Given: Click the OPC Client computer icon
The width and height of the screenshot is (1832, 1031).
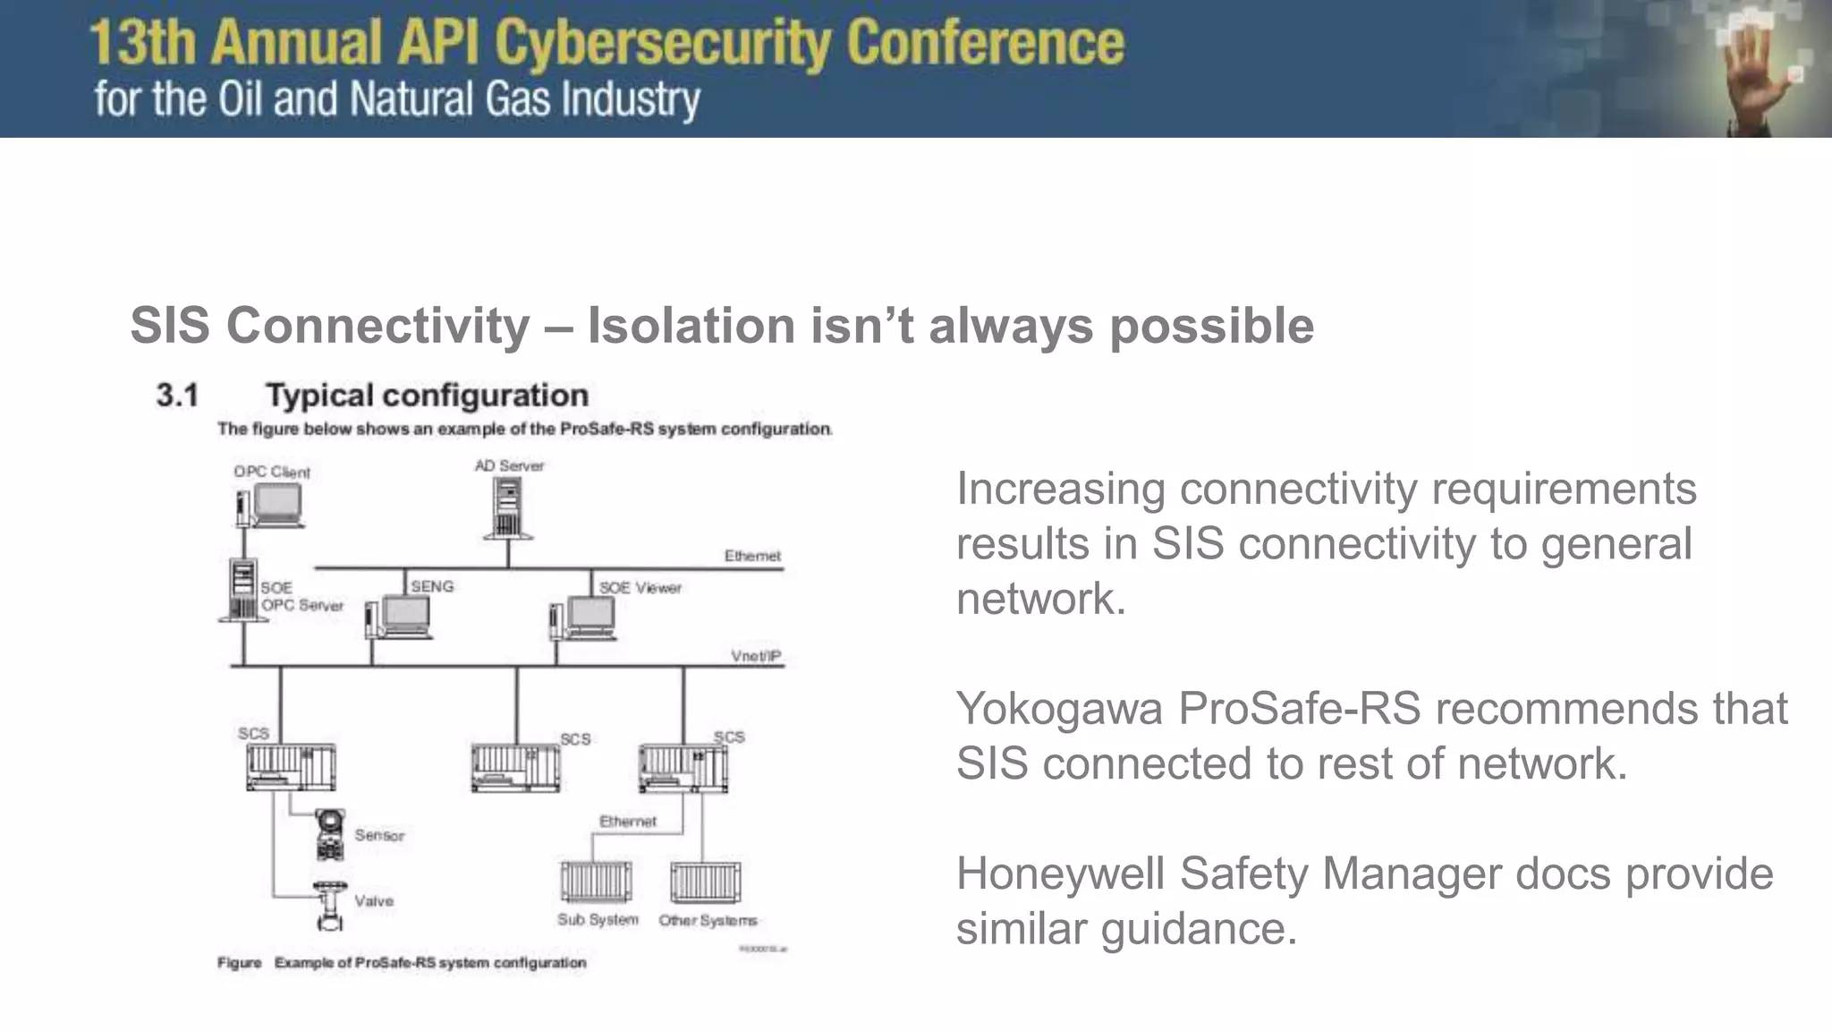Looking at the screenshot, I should point(271,507).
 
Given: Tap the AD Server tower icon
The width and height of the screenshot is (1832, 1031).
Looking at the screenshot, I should point(508,507).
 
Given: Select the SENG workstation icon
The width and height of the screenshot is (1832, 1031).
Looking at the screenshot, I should point(399,618).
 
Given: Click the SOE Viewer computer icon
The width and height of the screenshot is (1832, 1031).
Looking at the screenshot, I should point(583,618).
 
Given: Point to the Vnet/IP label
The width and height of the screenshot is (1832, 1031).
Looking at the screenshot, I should point(756,656).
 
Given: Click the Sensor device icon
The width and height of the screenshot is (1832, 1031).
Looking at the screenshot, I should point(330,834).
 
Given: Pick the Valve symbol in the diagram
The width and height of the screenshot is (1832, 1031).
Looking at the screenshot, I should point(330,904).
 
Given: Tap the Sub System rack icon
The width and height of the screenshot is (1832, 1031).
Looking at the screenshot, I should point(596,882).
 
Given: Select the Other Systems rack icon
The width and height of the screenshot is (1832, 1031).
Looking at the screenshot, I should point(706,882).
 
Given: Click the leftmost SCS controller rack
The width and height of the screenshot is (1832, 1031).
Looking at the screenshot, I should point(291,767).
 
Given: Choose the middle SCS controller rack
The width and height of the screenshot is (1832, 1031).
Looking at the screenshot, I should point(515,769).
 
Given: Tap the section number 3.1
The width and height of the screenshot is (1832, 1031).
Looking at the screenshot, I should point(177,395).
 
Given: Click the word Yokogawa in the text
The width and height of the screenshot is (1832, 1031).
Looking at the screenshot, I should point(1058,708).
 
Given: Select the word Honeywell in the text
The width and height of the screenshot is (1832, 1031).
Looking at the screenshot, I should point(1059,873).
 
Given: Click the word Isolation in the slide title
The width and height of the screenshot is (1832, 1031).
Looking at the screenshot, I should point(690,325).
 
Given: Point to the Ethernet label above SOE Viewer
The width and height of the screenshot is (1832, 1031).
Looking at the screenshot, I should point(752,556).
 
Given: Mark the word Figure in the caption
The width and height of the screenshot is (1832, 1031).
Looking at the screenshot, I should point(239,963).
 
